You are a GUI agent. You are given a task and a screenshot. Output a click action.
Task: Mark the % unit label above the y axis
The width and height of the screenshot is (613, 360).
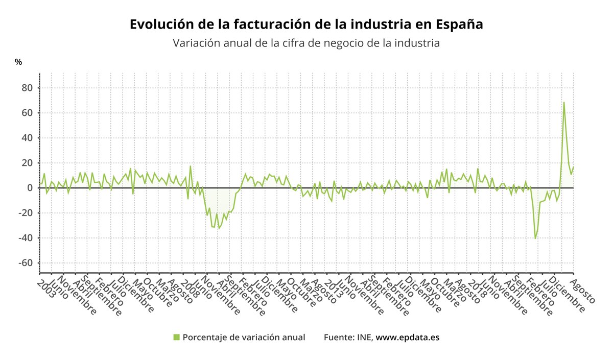click(x=18, y=62)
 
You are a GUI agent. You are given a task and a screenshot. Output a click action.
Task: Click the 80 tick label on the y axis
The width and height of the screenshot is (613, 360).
click(x=26, y=88)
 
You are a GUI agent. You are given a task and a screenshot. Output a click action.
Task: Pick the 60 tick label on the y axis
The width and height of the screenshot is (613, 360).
click(x=26, y=113)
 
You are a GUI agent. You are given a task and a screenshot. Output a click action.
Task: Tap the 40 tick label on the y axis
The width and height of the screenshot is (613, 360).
click(x=26, y=138)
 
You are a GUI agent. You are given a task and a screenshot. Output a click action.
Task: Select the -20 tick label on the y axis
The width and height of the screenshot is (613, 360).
click(x=25, y=213)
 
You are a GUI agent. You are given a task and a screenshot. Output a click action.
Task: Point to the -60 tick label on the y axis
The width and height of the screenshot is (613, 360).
click(x=25, y=263)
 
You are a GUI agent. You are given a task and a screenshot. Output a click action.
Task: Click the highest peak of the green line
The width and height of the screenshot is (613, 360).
click(x=564, y=103)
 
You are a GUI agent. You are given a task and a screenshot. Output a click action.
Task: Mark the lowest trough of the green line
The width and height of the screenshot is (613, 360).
click(x=535, y=238)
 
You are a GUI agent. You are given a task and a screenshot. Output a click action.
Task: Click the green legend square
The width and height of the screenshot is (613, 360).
click(x=177, y=337)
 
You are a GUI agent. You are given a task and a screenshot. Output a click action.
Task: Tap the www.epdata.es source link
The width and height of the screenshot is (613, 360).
click(x=408, y=338)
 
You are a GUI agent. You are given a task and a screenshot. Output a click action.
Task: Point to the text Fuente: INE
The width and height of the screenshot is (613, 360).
click(x=348, y=338)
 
